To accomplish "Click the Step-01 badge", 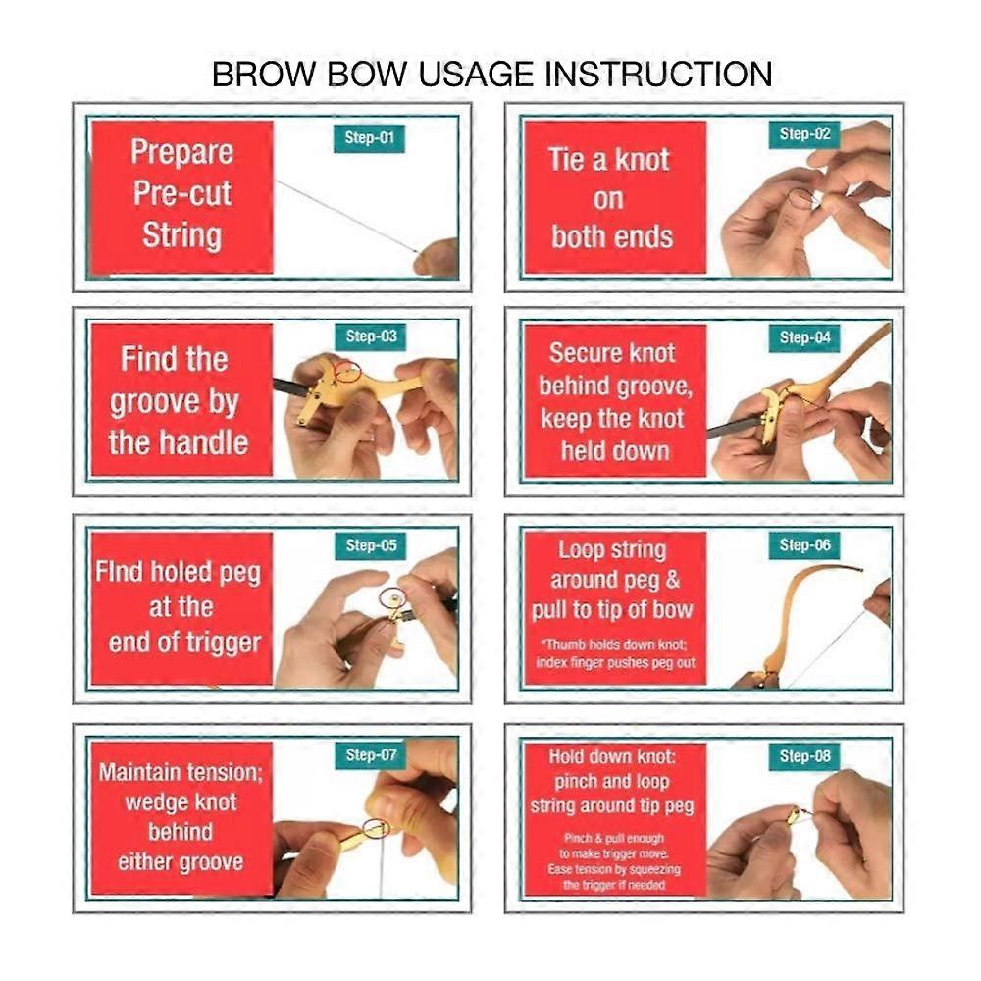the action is click(369, 138).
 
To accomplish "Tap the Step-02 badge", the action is click(804, 133).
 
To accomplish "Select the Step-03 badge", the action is click(371, 336).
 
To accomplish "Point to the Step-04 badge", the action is click(804, 337).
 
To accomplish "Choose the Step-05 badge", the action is click(371, 545).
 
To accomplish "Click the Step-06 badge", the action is click(804, 545).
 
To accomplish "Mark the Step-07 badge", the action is click(371, 755).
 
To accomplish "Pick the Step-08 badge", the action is click(804, 756).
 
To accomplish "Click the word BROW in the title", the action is click(264, 74).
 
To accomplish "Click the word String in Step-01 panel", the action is click(182, 236).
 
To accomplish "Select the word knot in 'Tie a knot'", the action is click(642, 160).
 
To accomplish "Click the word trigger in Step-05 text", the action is click(225, 644).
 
